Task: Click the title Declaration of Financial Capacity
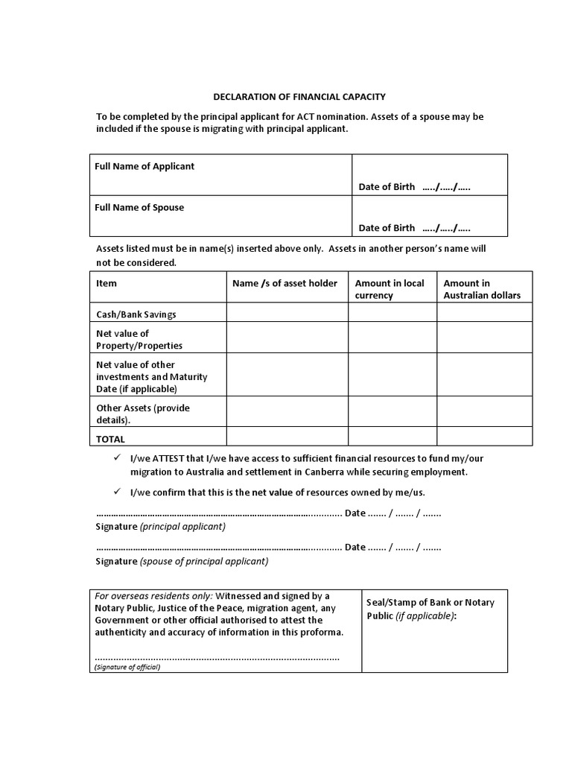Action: click(299, 97)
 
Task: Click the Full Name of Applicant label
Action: click(144, 166)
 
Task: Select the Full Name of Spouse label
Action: click(139, 207)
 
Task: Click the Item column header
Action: click(107, 283)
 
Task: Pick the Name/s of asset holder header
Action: click(285, 283)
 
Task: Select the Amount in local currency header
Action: click(390, 289)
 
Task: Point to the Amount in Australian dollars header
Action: click(482, 289)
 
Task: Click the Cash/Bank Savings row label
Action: click(136, 314)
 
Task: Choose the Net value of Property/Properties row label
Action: click(139, 340)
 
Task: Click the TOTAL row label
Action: click(111, 439)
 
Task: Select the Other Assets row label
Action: click(143, 414)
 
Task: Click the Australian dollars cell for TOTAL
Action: click(484, 437)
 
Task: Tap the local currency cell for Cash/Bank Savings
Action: click(392, 313)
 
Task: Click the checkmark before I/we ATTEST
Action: click(116, 458)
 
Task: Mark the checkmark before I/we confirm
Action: click(116, 492)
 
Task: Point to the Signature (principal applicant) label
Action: click(161, 526)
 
